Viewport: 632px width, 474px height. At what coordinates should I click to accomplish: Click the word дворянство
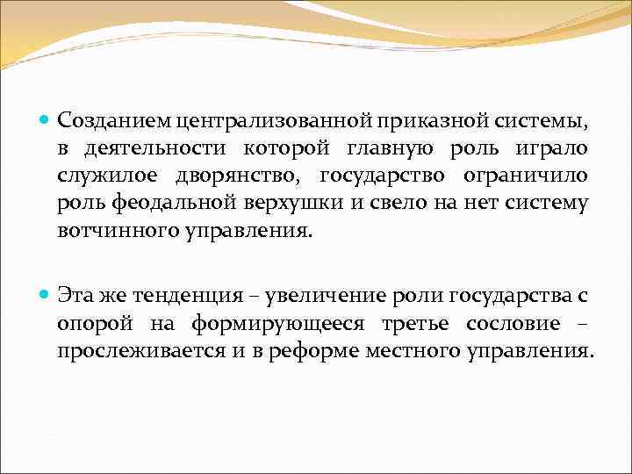239,177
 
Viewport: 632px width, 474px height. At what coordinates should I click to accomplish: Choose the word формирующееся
279,323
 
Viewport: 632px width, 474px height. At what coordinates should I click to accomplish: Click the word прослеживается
144,350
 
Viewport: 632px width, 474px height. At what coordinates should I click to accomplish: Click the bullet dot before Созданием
46,118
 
